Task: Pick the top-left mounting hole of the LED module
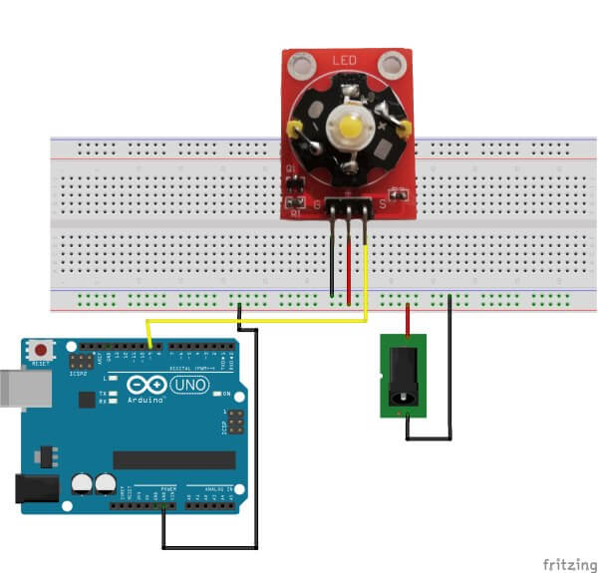299,67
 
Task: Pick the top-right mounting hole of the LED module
393,67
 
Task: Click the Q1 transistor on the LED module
295,185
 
